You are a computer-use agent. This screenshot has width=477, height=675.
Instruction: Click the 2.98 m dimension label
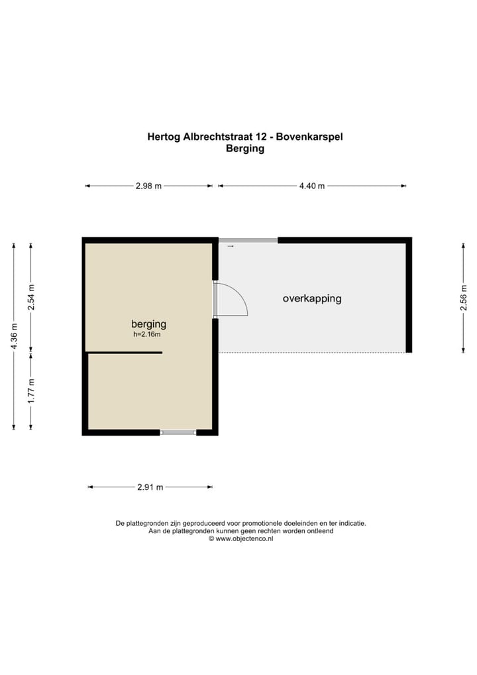(x=148, y=186)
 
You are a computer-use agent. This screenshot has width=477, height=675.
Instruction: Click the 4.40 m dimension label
(x=311, y=186)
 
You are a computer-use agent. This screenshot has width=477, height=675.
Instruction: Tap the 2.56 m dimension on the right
(x=464, y=298)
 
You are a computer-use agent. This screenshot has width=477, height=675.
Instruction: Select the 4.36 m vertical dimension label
(x=13, y=337)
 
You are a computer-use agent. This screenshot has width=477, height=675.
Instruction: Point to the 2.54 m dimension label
(x=30, y=297)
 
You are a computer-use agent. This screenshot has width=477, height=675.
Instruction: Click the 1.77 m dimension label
(x=30, y=391)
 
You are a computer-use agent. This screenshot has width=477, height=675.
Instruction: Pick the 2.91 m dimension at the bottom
(x=150, y=487)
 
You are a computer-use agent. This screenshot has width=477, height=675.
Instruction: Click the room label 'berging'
(x=148, y=324)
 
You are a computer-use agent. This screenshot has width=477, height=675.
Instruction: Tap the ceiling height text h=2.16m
(x=147, y=335)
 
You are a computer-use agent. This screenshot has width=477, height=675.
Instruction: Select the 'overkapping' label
(x=312, y=298)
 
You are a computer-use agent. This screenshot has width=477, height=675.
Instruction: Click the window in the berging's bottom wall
(x=178, y=432)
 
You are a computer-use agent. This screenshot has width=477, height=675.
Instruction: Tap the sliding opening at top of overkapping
(x=248, y=240)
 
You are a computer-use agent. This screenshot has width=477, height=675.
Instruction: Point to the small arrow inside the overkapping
(x=231, y=247)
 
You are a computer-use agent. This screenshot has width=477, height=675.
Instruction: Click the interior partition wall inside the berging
(x=125, y=353)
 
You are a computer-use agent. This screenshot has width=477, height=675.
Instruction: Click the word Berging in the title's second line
(x=245, y=149)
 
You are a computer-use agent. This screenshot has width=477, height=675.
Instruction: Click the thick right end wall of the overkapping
(x=409, y=296)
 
